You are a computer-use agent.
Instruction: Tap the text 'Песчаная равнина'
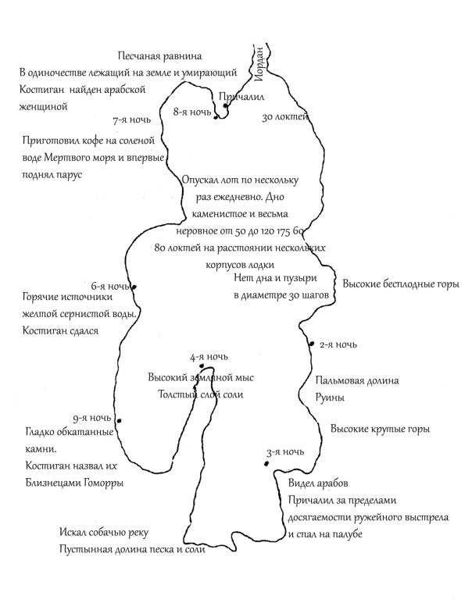pyautogui.click(x=160, y=56)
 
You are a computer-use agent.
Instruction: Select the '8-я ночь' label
pyautogui.click(x=191, y=112)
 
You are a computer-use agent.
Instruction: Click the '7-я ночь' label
pyautogui.click(x=132, y=120)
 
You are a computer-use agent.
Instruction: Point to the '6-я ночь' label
pyautogui.click(x=109, y=286)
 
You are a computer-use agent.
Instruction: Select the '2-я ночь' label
pyautogui.click(x=338, y=344)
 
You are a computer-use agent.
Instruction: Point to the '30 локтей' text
pyautogui.click(x=282, y=118)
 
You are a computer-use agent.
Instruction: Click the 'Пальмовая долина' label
pyautogui.click(x=357, y=381)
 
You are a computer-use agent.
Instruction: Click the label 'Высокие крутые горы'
pyautogui.click(x=380, y=430)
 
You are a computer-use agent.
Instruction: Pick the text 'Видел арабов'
pyautogui.click(x=318, y=482)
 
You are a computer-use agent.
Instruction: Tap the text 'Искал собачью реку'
pyautogui.click(x=102, y=533)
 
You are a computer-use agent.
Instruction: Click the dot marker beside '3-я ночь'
pyautogui.click(x=268, y=464)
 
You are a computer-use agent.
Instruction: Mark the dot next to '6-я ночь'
pyautogui.click(x=135, y=287)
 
